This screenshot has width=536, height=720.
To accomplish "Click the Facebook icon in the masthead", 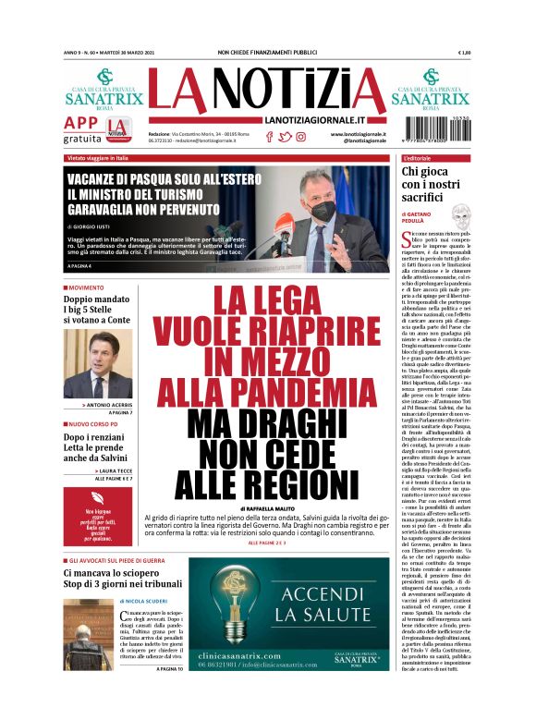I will [x=269, y=137].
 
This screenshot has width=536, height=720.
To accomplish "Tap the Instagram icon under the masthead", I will [x=300, y=137].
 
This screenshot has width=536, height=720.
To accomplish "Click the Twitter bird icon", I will [x=285, y=137].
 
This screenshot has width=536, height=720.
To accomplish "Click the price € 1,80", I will [x=464, y=53].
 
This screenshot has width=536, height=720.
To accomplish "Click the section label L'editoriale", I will [x=424, y=159].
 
